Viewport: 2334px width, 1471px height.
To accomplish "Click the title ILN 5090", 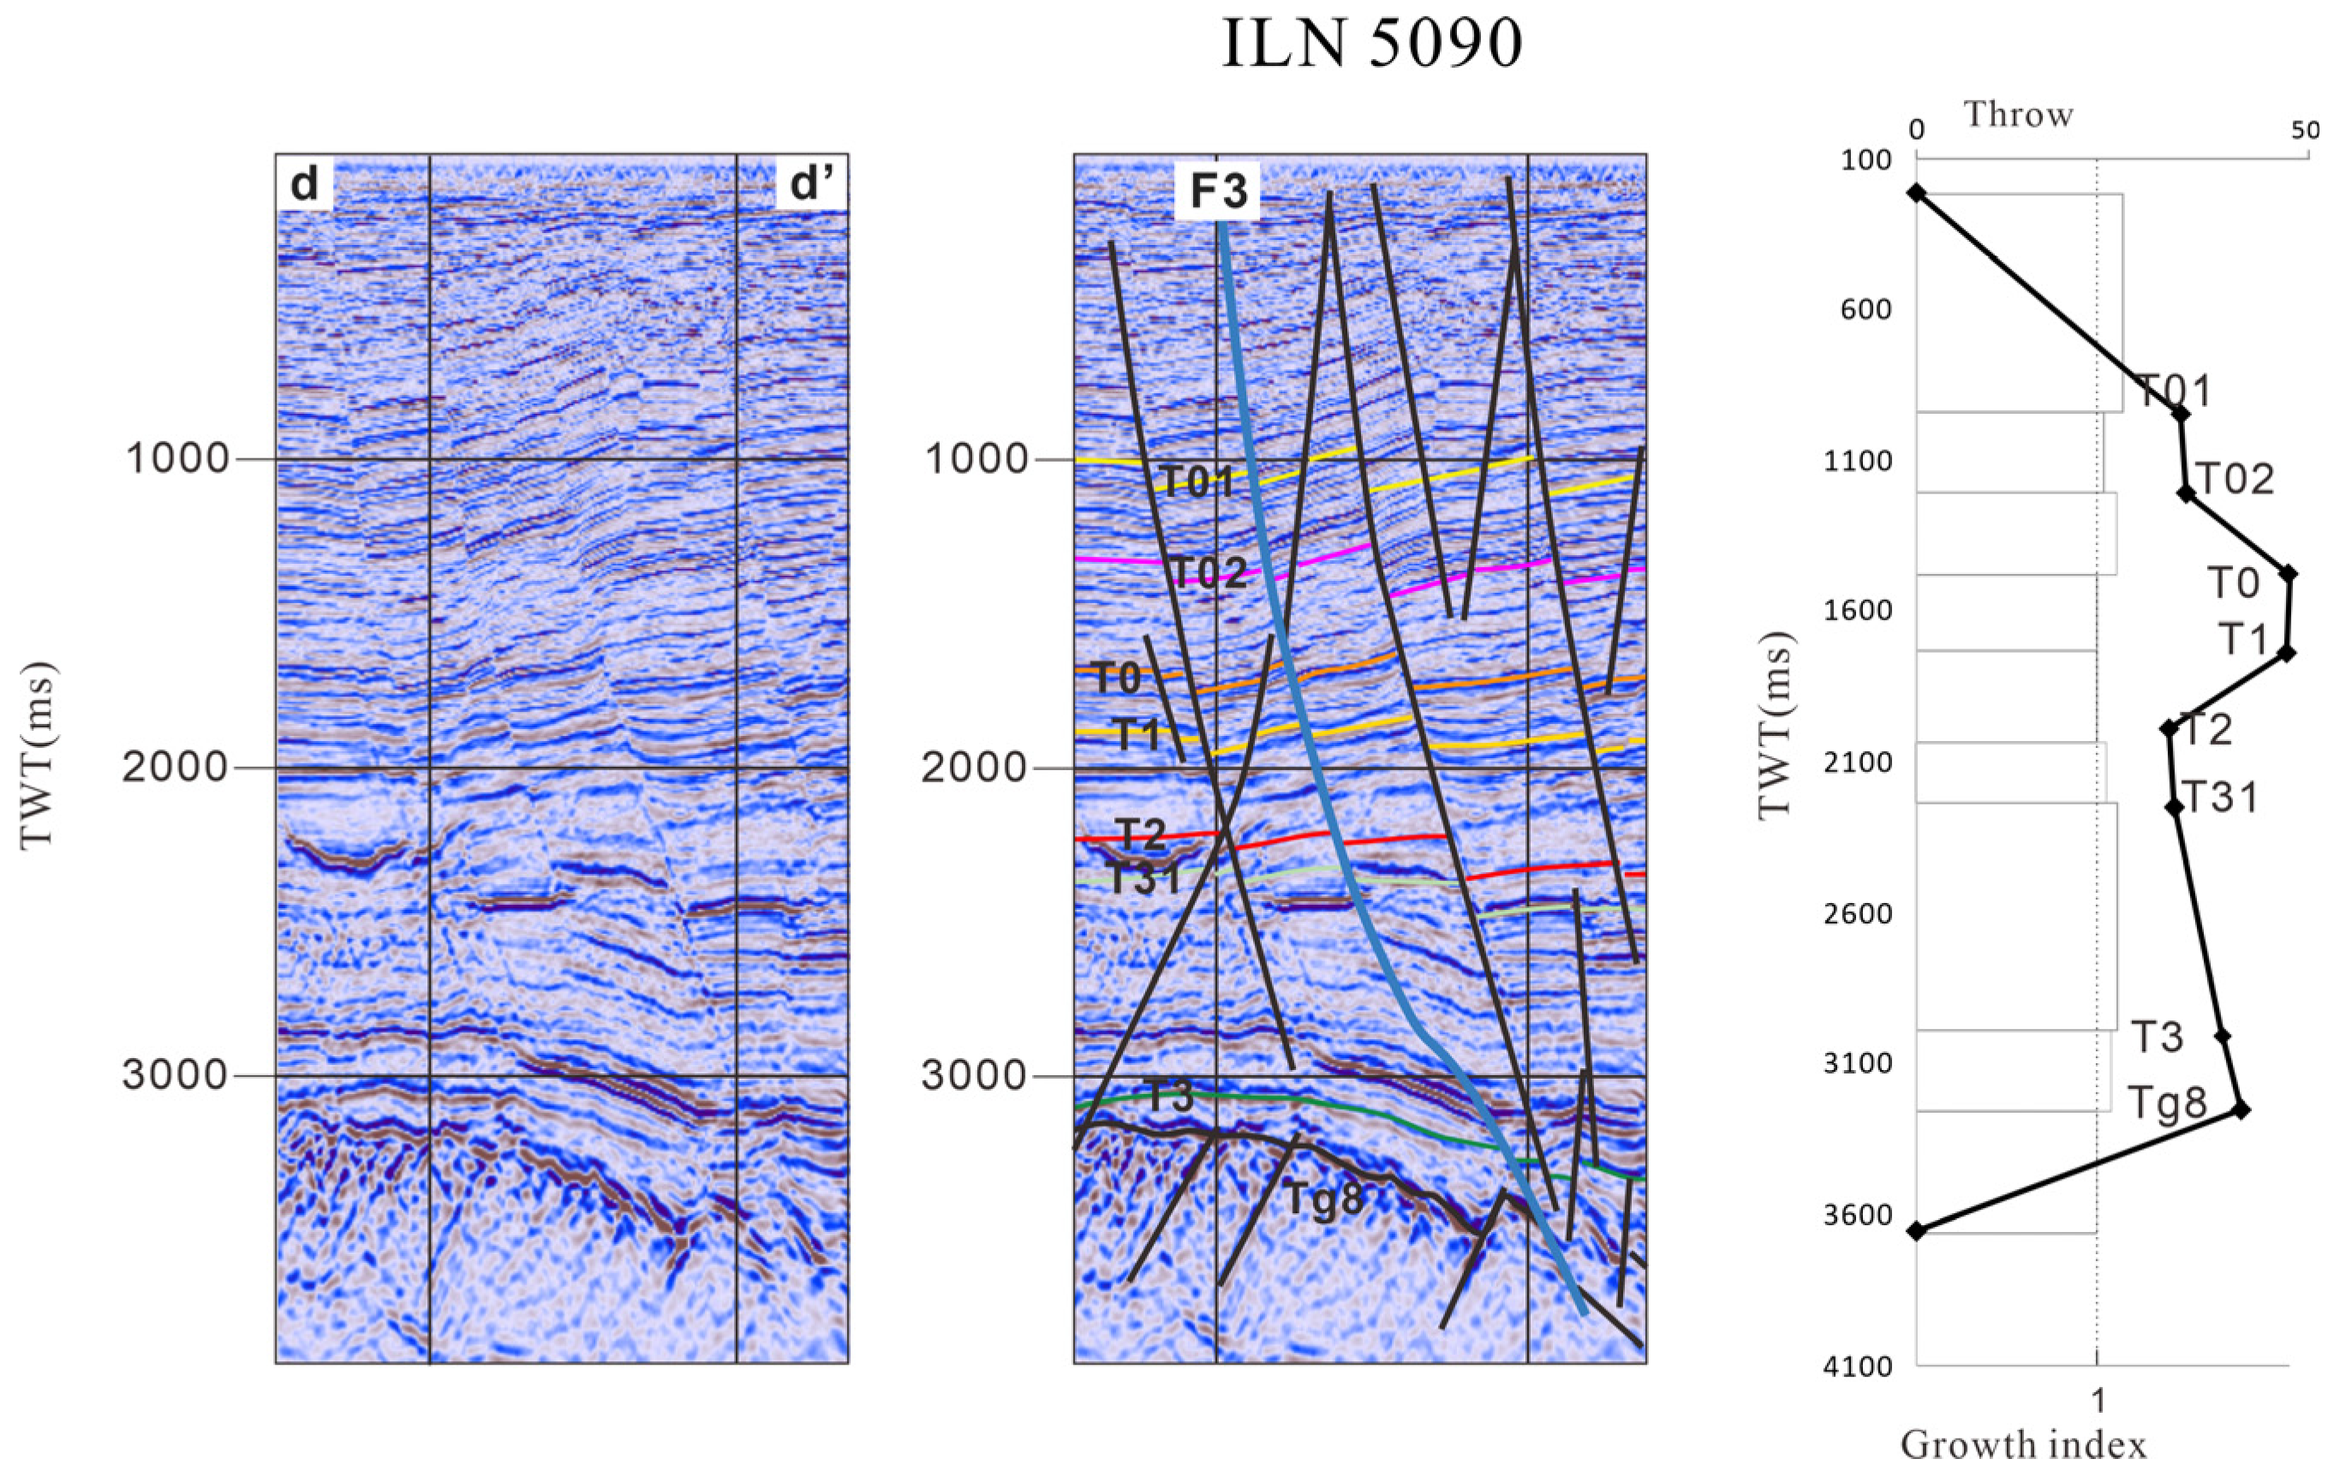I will (1371, 45).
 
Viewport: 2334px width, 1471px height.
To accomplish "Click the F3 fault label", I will (1217, 191).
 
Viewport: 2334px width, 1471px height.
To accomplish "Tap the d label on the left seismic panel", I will (304, 183).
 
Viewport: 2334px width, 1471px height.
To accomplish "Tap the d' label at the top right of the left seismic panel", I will (811, 183).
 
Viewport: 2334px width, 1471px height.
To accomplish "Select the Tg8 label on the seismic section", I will (1323, 1199).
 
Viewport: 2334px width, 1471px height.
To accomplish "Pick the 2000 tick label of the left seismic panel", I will (176, 768).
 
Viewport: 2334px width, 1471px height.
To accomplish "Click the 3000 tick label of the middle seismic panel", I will (974, 1075).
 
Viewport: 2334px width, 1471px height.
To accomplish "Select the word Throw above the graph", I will (2018, 116).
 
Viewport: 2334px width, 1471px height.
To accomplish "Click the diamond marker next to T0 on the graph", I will (2289, 573).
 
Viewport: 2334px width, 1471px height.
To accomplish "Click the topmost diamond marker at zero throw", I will (1915, 193).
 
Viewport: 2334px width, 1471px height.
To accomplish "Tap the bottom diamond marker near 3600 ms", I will (1915, 1230).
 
